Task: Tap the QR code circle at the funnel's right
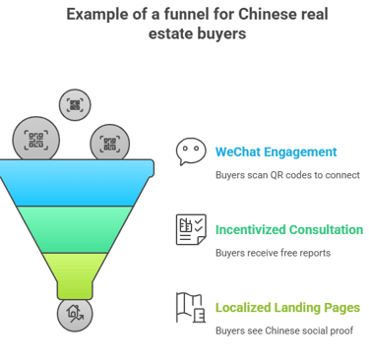(x=109, y=145)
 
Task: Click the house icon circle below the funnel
(x=75, y=314)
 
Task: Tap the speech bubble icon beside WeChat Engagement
(x=190, y=150)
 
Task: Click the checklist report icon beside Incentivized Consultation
(x=190, y=228)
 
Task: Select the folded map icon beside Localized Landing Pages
(x=190, y=307)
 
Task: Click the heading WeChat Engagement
(x=276, y=151)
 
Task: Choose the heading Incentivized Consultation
(x=289, y=229)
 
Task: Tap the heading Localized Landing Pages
(x=287, y=307)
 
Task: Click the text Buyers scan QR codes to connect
(x=287, y=175)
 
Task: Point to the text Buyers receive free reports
(x=273, y=253)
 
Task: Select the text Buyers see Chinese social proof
(x=282, y=330)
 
